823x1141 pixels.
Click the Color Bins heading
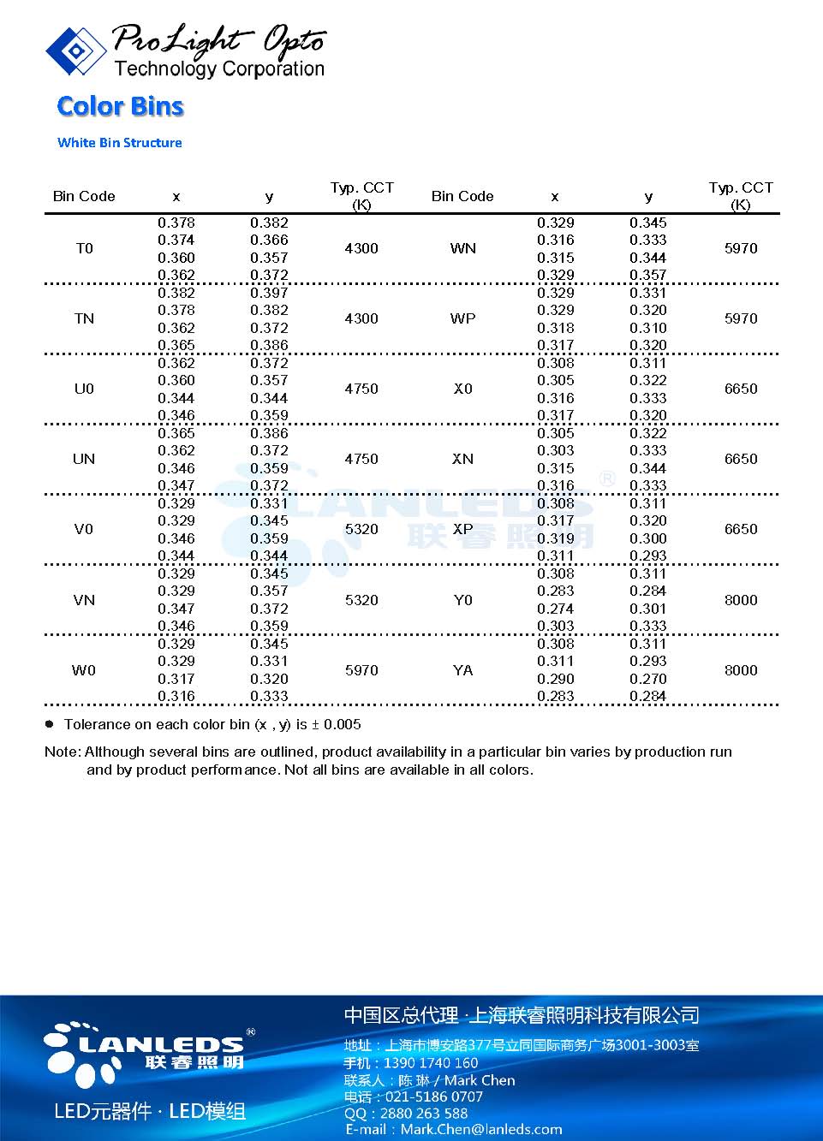[x=120, y=106]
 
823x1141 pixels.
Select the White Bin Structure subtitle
[x=119, y=143]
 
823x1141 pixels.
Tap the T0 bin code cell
[x=84, y=248]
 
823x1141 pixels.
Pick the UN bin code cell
[x=84, y=459]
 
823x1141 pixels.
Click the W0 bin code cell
[x=84, y=670]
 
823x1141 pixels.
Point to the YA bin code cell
[x=462, y=670]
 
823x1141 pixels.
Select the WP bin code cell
[x=462, y=318]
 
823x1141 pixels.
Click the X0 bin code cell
[x=462, y=389]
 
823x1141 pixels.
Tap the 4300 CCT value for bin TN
[x=361, y=318]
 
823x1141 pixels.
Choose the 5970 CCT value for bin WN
[x=741, y=248]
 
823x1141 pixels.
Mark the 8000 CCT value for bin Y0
[x=741, y=600]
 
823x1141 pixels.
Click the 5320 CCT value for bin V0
[x=361, y=529]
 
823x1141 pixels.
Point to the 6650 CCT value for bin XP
[x=741, y=529]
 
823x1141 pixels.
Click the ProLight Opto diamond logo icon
[x=75, y=51]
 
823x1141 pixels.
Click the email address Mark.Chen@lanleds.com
[x=480, y=1129]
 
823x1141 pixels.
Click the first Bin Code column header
[x=84, y=196]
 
